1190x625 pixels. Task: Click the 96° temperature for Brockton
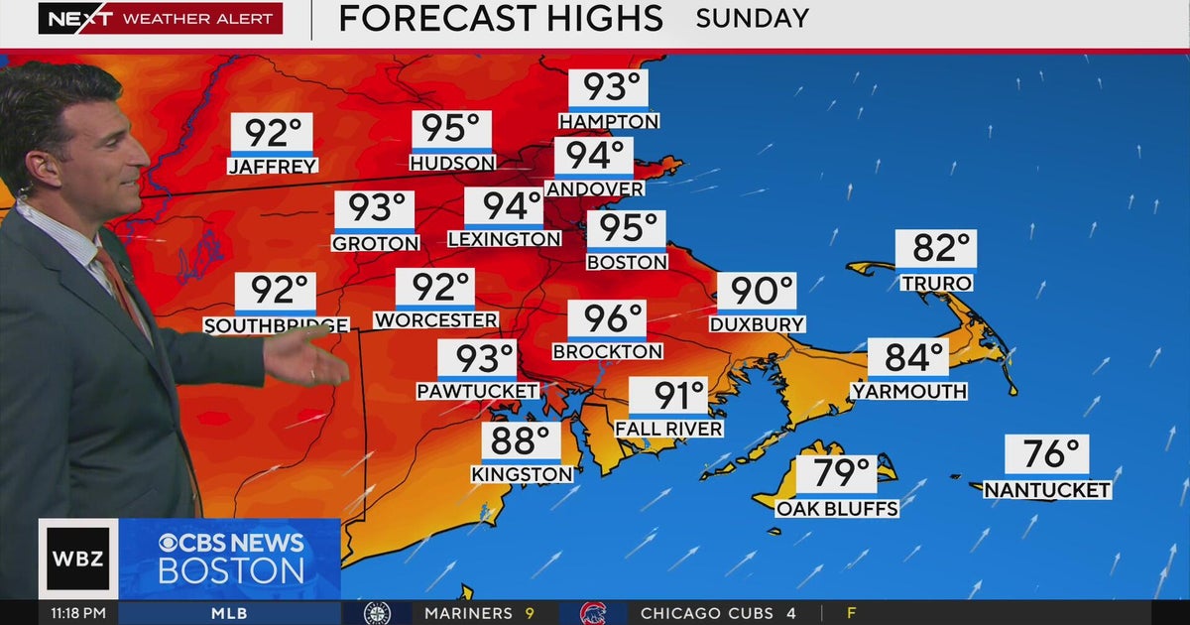(x=606, y=319)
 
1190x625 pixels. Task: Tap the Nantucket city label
(x=1047, y=490)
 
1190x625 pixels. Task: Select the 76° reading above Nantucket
(x=1047, y=454)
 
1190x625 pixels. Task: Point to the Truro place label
(x=935, y=283)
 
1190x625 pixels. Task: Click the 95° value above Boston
(x=627, y=229)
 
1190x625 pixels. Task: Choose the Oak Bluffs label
(x=837, y=509)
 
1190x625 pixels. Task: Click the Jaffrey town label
(x=273, y=167)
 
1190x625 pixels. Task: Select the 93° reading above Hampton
(x=608, y=88)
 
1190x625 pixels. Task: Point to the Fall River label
(x=668, y=429)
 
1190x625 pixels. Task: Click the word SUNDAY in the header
(x=752, y=18)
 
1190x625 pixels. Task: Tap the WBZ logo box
(x=77, y=558)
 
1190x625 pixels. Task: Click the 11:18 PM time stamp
(x=78, y=614)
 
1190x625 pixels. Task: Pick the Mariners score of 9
(x=531, y=614)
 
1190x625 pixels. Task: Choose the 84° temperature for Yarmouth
(x=907, y=357)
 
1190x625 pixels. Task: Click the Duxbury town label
(x=757, y=323)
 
